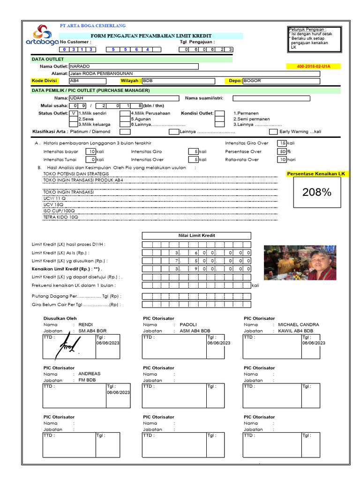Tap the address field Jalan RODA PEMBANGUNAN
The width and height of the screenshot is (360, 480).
pyautogui.click(x=194, y=74)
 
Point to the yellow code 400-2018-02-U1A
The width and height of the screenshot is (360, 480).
pyautogui.click(x=314, y=67)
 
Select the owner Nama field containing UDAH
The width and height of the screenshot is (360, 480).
pyautogui.click(x=124, y=98)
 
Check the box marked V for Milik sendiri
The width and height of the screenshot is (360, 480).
pyautogui.click(x=74, y=113)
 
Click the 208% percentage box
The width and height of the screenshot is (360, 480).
pyautogui.click(x=317, y=192)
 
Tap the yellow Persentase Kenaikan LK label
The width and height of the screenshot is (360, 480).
pyautogui.click(x=319, y=174)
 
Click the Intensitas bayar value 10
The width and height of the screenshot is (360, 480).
pyautogui.click(x=91, y=151)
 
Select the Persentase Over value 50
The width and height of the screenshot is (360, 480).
pyautogui.click(x=282, y=151)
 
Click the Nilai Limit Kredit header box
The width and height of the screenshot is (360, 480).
pyautogui.click(x=196, y=235)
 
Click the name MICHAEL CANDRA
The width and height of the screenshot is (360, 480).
pyautogui.click(x=299, y=324)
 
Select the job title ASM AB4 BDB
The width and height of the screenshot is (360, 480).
pyautogui.click(x=195, y=330)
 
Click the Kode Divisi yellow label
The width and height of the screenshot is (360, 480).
pyautogui.click(x=44, y=81)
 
